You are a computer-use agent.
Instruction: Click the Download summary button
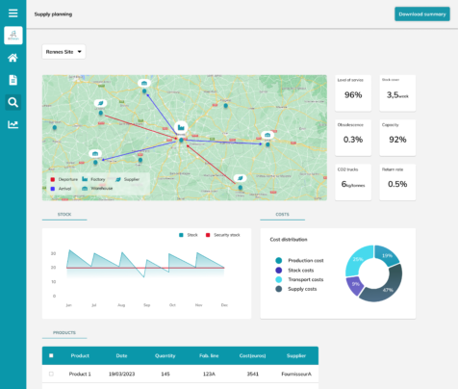pos(420,14)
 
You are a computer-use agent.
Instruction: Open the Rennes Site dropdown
pos(64,52)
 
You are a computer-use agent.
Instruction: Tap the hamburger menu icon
pos(13,13)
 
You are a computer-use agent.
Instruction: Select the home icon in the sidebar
pos(13,58)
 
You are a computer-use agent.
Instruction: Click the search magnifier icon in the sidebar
pos(13,102)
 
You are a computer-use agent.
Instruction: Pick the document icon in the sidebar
pos(13,80)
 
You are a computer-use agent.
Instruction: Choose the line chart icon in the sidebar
pos(13,124)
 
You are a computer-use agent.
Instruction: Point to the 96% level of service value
pos(353,95)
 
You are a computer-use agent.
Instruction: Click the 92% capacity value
pos(397,140)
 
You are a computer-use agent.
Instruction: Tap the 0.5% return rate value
pos(397,184)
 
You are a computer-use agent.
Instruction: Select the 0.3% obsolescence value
pos(353,140)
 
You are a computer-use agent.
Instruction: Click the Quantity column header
pos(165,355)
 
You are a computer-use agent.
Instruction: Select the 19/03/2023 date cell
pos(121,374)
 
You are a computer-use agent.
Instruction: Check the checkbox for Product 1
pos(51,374)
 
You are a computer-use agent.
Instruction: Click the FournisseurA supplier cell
pos(296,374)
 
